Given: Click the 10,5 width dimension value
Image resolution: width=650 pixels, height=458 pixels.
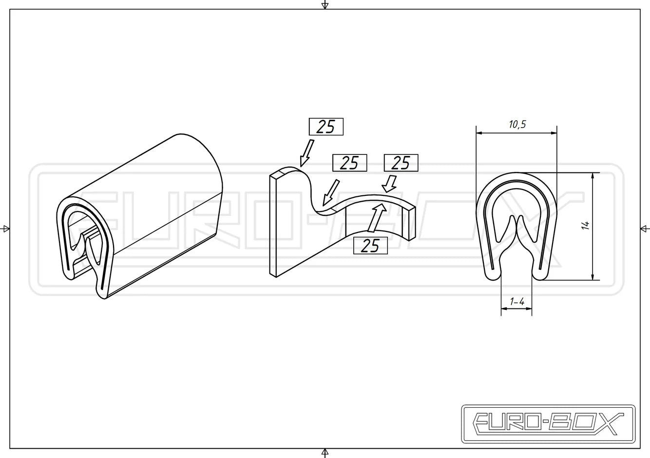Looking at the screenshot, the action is [x=517, y=124].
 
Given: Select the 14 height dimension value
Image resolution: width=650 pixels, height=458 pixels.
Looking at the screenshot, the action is [x=585, y=225].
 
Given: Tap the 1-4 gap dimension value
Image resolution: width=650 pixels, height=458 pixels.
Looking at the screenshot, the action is [x=517, y=302].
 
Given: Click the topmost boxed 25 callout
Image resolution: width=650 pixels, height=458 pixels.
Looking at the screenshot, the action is [x=326, y=127].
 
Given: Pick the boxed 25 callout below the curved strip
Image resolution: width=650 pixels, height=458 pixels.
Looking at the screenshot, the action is [x=370, y=246].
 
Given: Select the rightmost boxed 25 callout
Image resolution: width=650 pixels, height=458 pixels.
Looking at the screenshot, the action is [x=401, y=163].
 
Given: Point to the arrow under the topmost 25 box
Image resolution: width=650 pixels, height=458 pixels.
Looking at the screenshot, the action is [x=306, y=153].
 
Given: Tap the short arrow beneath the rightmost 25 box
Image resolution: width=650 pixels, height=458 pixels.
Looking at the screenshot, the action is [x=389, y=184].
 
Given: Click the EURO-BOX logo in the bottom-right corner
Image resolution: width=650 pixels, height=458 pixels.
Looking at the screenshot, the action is [x=549, y=424].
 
